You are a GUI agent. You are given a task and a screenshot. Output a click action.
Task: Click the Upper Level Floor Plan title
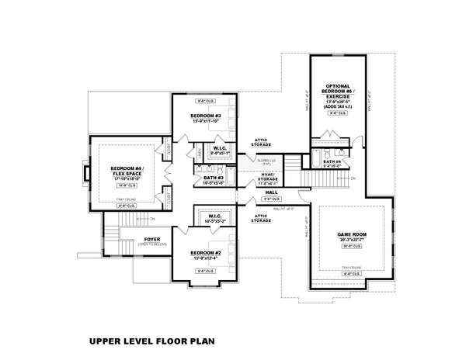(x=151, y=340)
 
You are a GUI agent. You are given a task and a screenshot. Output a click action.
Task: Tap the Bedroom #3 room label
(x=207, y=116)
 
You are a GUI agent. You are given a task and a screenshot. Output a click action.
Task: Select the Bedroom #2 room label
(x=207, y=253)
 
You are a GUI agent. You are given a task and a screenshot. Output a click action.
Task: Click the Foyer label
(x=151, y=239)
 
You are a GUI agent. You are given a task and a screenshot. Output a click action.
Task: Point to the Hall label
(x=271, y=192)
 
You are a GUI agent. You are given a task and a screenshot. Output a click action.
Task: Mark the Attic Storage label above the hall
(x=260, y=143)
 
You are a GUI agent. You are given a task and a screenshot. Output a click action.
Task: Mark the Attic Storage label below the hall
(x=260, y=219)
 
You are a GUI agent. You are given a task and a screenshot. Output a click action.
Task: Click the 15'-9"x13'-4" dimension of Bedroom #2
(x=207, y=259)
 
